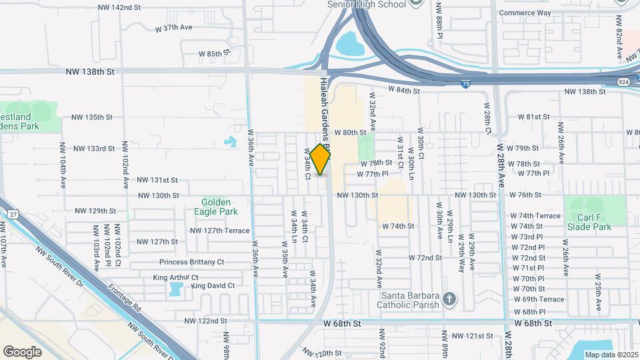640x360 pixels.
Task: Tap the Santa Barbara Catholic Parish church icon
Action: [x=449, y=297]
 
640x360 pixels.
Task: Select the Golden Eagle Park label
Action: [x=217, y=207]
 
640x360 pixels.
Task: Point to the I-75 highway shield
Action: [x=465, y=84]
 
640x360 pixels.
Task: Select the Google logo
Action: [x=22, y=351]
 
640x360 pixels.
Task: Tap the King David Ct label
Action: [x=213, y=285]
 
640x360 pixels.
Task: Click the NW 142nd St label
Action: [x=119, y=7]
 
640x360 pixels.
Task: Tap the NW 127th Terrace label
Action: [x=219, y=231]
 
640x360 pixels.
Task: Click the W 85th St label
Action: [x=214, y=53]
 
